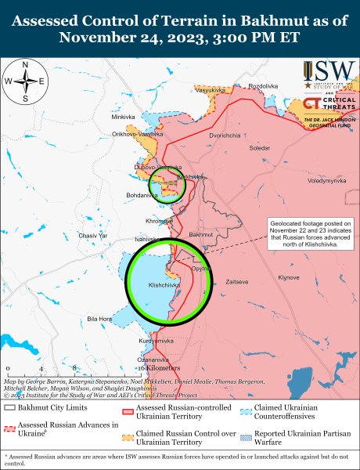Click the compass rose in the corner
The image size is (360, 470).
click(x=25, y=81)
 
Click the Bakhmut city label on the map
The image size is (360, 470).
click(x=201, y=234)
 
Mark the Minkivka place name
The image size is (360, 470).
click(x=123, y=117)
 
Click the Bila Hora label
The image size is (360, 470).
click(x=99, y=319)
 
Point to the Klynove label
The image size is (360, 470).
click(x=290, y=278)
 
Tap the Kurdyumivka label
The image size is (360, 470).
click(x=156, y=342)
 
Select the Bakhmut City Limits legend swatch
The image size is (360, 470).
click(x=10, y=408)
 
